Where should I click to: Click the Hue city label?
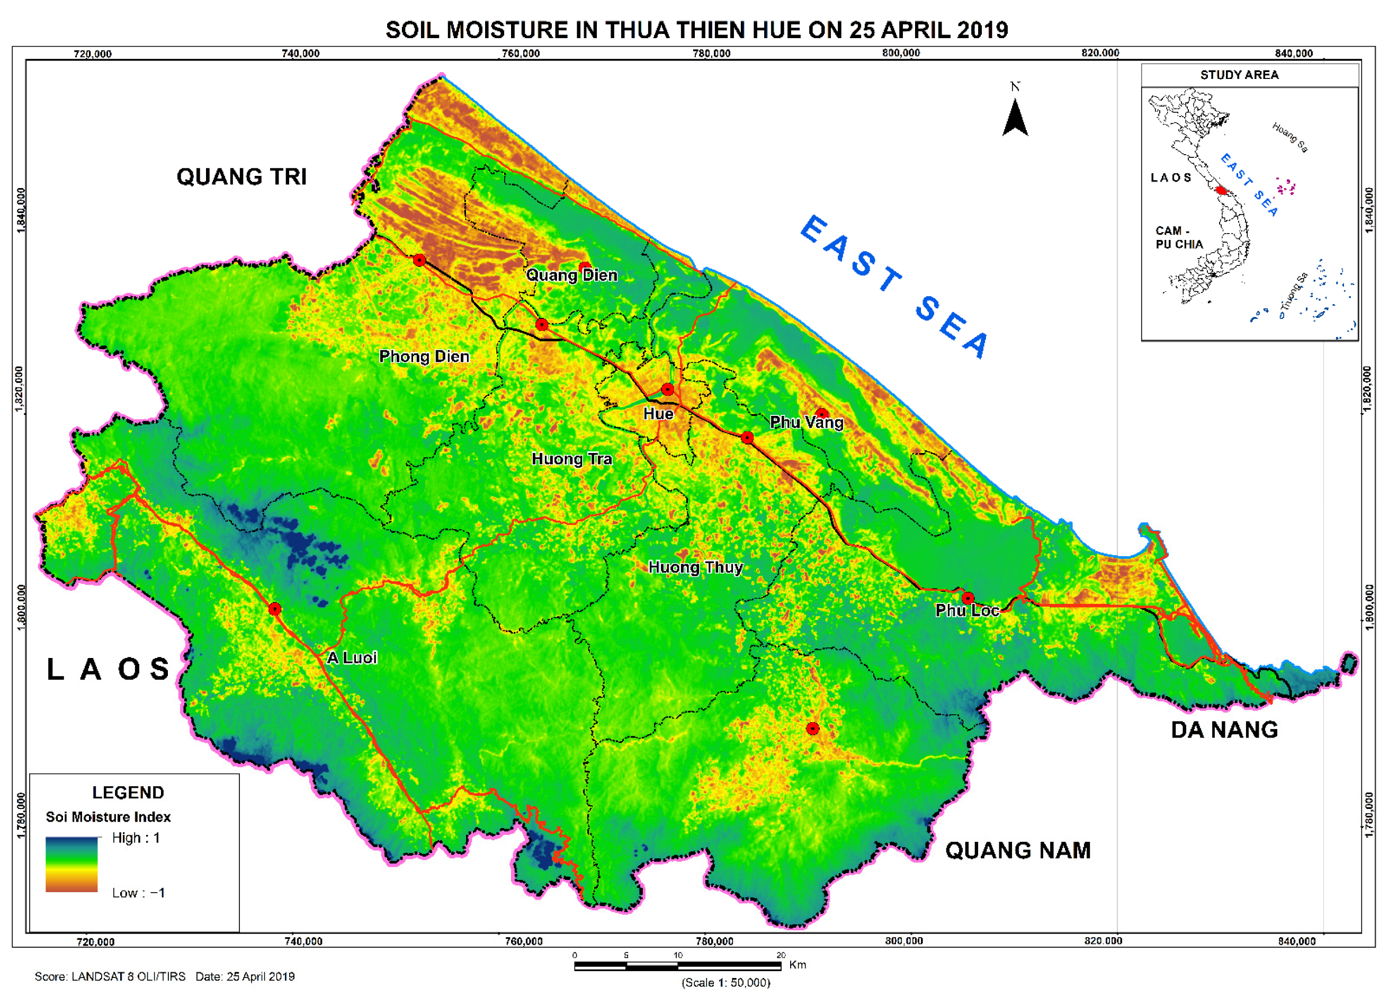658,414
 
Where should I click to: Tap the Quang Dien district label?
571,275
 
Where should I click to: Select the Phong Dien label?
424,357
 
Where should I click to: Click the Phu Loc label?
966,610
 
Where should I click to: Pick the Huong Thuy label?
695,567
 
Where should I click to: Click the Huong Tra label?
571,459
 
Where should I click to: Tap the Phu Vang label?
806,422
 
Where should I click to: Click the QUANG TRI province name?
241,177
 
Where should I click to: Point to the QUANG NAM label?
1017,850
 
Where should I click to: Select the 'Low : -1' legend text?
138,893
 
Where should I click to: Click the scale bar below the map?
677,966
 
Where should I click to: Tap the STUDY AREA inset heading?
1239,75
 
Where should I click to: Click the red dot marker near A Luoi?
274,609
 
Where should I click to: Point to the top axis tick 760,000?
520,54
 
